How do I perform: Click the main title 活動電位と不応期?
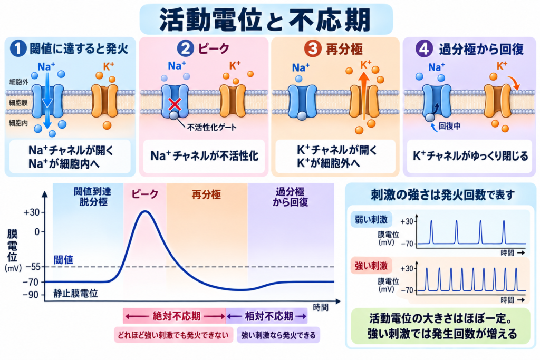tap(265, 20)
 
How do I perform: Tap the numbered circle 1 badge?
tap(18, 48)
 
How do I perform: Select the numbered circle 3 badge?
tap(313, 48)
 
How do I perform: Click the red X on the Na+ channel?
tap(175, 103)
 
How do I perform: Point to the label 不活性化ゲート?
tap(212, 128)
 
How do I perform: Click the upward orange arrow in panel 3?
tap(364, 96)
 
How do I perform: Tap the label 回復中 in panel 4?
tap(449, 126)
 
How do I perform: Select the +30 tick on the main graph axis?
tap(31, 212)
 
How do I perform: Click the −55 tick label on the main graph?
tap(33, 267)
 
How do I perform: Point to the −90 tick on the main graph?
tap(31, 295)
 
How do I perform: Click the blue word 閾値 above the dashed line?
tap(63, 259)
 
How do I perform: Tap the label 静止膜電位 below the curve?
tap(75, 293)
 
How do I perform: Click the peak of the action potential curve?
tap(146, 211)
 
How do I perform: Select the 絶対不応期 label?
tap(176, 316)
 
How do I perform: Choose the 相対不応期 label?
tap(269, 316)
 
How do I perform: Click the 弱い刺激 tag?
tap(371, 220)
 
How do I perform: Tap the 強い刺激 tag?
tap(371, 266)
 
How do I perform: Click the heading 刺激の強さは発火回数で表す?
tap(442, 195)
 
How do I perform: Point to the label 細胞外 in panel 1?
tap(18, 82)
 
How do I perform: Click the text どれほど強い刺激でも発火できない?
tap(173, 335)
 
